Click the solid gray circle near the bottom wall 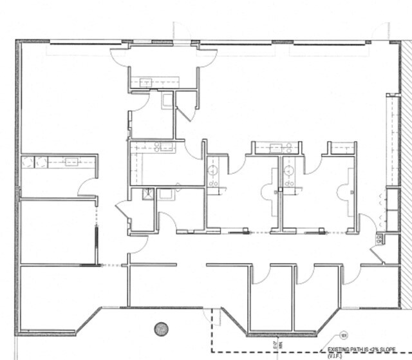click(x=162, y=328)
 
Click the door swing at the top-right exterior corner click(x=382, y=30)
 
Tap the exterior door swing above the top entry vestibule click(x=182, y=31)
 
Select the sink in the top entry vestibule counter click(x=146, y=82)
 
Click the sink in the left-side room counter click(x=71, y=162)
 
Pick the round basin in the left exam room click(x=213, y=171)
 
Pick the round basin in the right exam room click(x=290, y=171)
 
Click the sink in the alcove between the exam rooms click(x=276, y=147)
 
